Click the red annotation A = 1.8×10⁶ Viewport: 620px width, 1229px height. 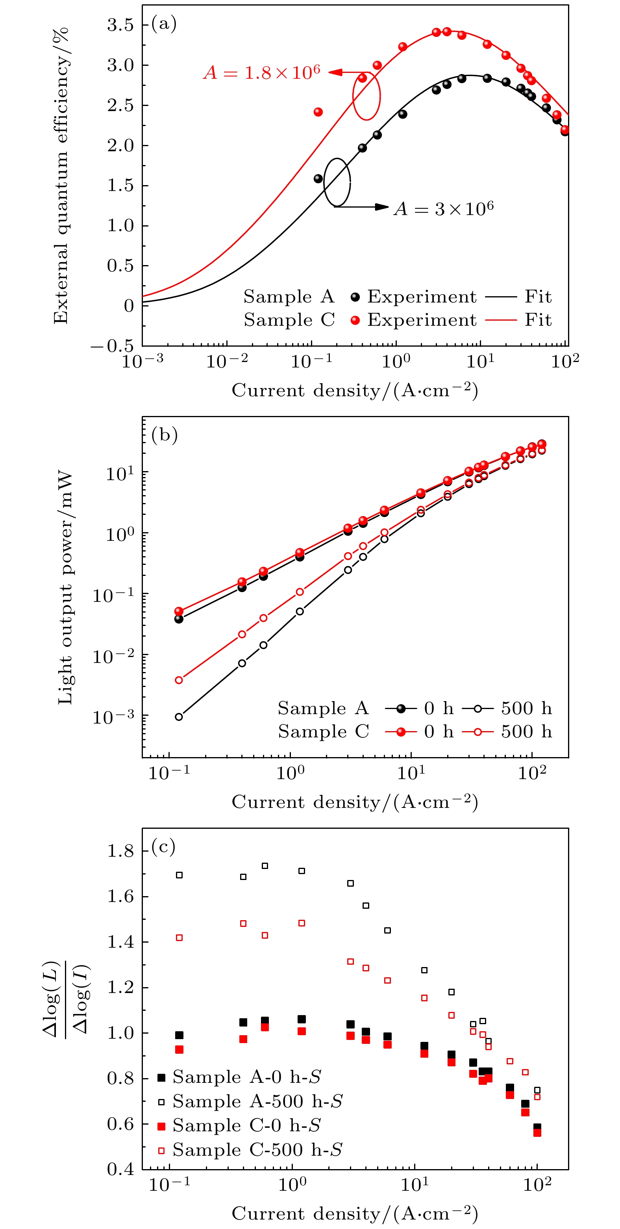(262, 73)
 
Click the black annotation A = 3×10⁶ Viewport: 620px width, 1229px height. (444, 209)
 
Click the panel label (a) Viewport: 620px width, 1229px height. (164, 23)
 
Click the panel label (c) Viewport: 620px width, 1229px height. (164, 847)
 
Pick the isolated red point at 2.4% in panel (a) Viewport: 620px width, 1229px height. (318, 112)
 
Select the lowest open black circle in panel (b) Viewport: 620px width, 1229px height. (179, 717)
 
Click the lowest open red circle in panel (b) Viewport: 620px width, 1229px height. (179, 680)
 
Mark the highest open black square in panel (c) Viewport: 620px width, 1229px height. (265, 866)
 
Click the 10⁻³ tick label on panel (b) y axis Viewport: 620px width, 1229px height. (113, 717)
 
